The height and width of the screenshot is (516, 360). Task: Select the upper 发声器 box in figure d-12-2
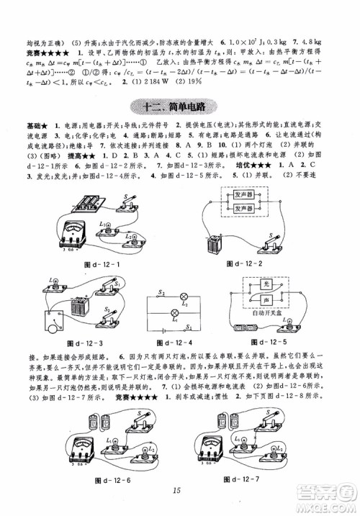pyautogui.click(x=244, y=193)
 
